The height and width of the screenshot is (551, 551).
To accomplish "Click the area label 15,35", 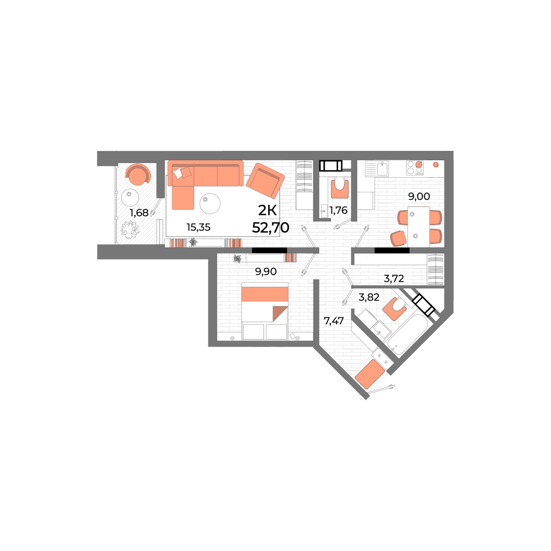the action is [198, 227].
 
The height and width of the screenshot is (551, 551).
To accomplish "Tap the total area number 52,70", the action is [270, 228].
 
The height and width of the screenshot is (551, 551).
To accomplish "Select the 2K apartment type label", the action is [267, 211].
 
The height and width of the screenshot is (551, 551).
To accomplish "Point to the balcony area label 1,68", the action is [139, 213].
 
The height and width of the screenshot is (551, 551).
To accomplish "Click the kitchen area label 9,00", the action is [419, 197].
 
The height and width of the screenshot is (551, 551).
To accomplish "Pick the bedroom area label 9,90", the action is [266, 272].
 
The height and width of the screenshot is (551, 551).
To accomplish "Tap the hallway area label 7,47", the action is [333, 321].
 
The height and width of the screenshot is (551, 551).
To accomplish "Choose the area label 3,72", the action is [394, 278].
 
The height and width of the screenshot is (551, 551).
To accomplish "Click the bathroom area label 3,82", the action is [369, 298].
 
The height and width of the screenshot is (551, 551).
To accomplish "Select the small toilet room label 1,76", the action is [338, 210].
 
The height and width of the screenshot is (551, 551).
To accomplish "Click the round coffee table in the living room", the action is [210, 203].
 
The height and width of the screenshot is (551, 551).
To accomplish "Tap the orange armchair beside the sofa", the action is [265, 180].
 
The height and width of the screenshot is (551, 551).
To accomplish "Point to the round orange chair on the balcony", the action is [138, 174].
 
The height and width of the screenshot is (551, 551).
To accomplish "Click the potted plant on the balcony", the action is [130, 230].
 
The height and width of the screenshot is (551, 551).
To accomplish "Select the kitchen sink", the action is [382, 169].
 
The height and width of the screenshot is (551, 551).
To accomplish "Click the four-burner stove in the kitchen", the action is [415, 168].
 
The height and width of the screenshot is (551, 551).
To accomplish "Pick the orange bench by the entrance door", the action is [370, 374].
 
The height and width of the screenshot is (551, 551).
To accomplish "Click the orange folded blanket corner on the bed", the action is [280, 314].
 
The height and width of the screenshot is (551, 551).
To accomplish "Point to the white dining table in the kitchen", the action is [418, 227].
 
